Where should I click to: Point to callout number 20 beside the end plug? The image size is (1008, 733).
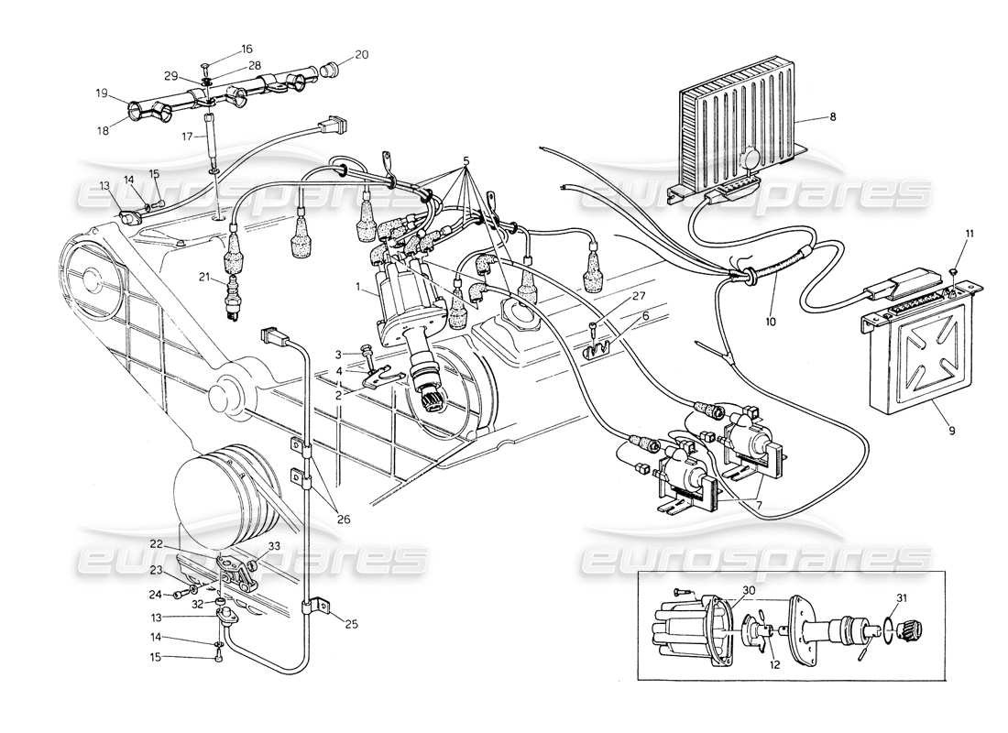[361, 55]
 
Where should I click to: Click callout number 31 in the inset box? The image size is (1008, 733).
[903, 598]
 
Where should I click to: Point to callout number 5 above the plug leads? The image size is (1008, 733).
[467, 162]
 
